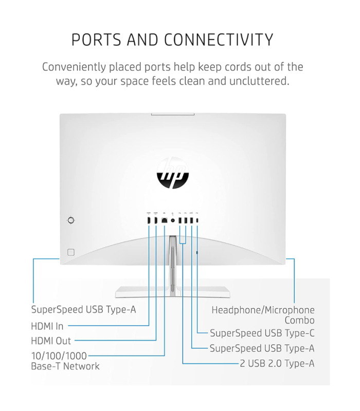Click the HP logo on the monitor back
pos(173,174)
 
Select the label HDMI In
pos(47,326)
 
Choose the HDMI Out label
pos(51,341)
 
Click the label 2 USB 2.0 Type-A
pos(277,363)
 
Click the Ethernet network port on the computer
pos(164,220)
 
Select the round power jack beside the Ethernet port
pos(173,220)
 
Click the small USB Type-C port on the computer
pos(197,220)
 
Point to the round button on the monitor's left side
pos(71,220)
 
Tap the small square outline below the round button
pos(71,252)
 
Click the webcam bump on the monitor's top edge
pos(173,114)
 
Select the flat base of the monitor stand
pos(173,292)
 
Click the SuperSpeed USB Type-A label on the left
pos(83,309)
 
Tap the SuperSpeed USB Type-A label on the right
pos(262,348)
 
